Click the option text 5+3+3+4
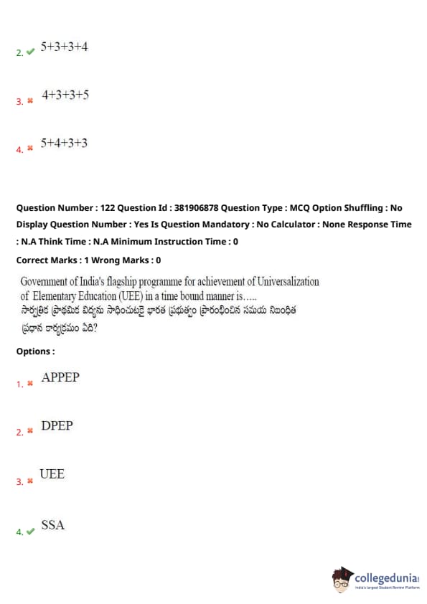point(65,47)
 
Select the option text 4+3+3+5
point(65,95)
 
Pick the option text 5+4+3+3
point(65,143)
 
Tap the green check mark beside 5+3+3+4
point(30,52)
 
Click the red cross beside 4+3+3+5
point(30,101)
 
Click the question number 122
point(108,208)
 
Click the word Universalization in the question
point(288,282)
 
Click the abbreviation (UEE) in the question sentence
point(131,296)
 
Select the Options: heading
point(35,351)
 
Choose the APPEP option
point(60,377)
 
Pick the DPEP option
point(57,425)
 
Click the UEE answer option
point(52,473)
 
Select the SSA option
point(53,524)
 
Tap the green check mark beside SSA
point(30,532)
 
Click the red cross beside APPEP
point(30,383)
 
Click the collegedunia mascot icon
point(342,579)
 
